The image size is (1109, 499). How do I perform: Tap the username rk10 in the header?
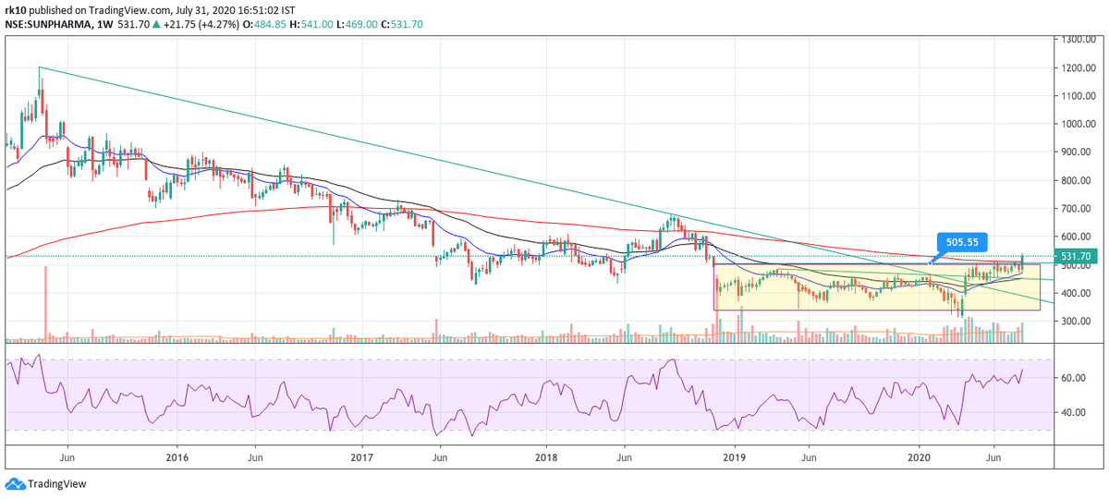pos(14,8)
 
